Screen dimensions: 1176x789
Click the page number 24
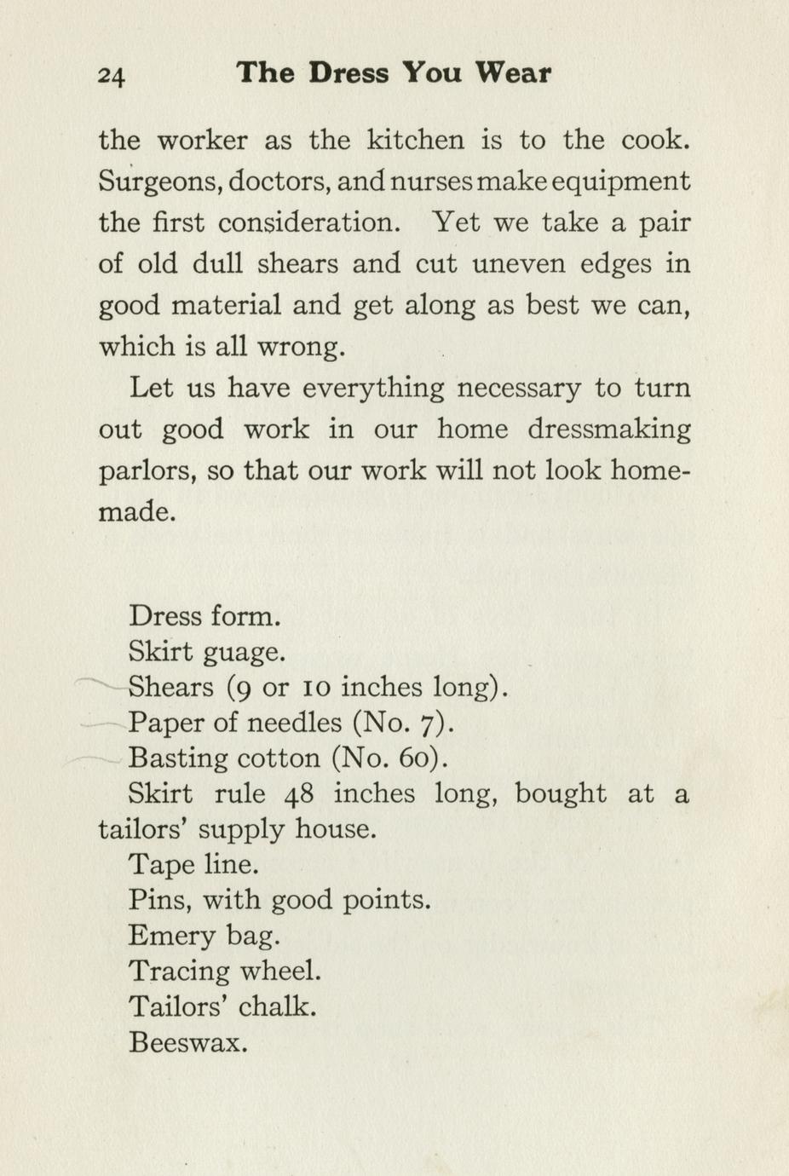112,76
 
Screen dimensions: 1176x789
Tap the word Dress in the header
349,73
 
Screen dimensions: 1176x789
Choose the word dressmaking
608,429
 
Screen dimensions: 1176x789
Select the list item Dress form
204,616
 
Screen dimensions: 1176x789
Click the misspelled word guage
245,654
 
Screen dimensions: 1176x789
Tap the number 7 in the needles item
433,723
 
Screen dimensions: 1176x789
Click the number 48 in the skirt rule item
299,794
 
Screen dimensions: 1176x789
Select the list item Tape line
193,865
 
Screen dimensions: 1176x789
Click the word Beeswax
187,1042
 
